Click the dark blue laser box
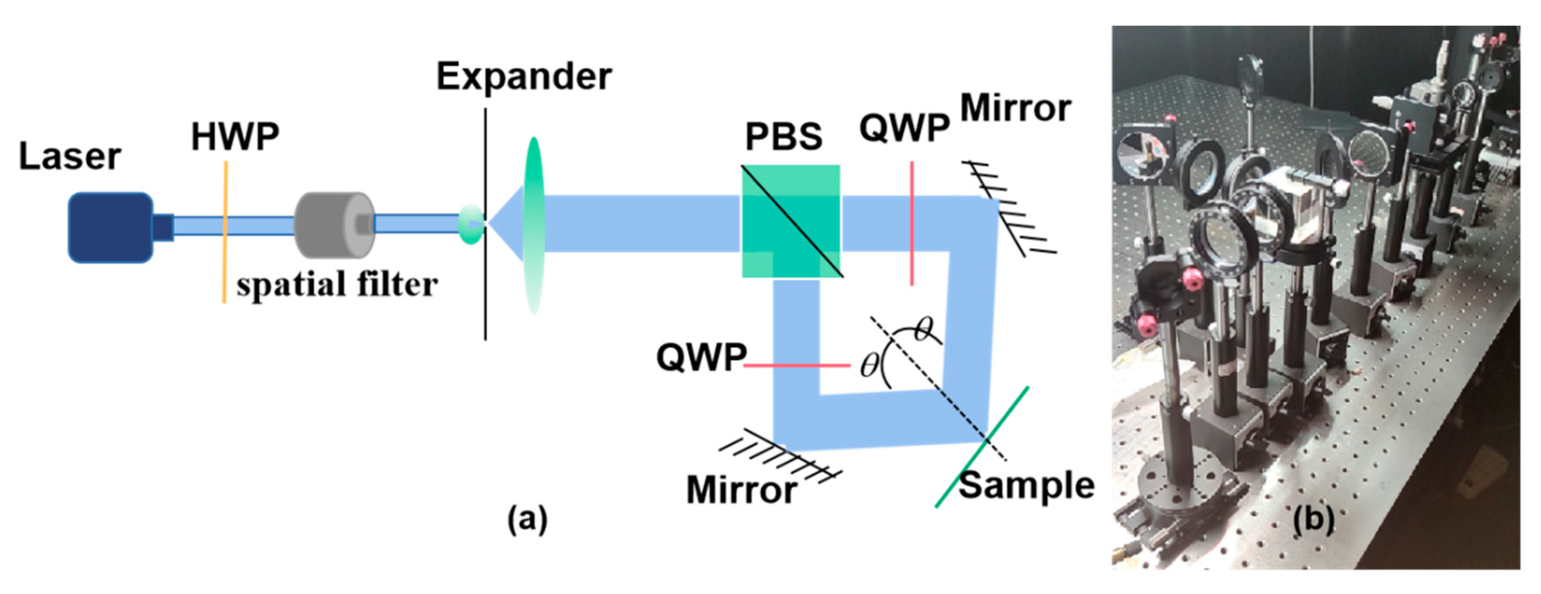pos(111,228)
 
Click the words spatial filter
pos(337,284)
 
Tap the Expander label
pos(524,77)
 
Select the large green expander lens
pos(532,224)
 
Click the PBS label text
pos(783,136)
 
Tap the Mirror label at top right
pos(1015,109)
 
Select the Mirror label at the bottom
pos(741,490)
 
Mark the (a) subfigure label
pos(527,519)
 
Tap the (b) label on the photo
pos(1313,519)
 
